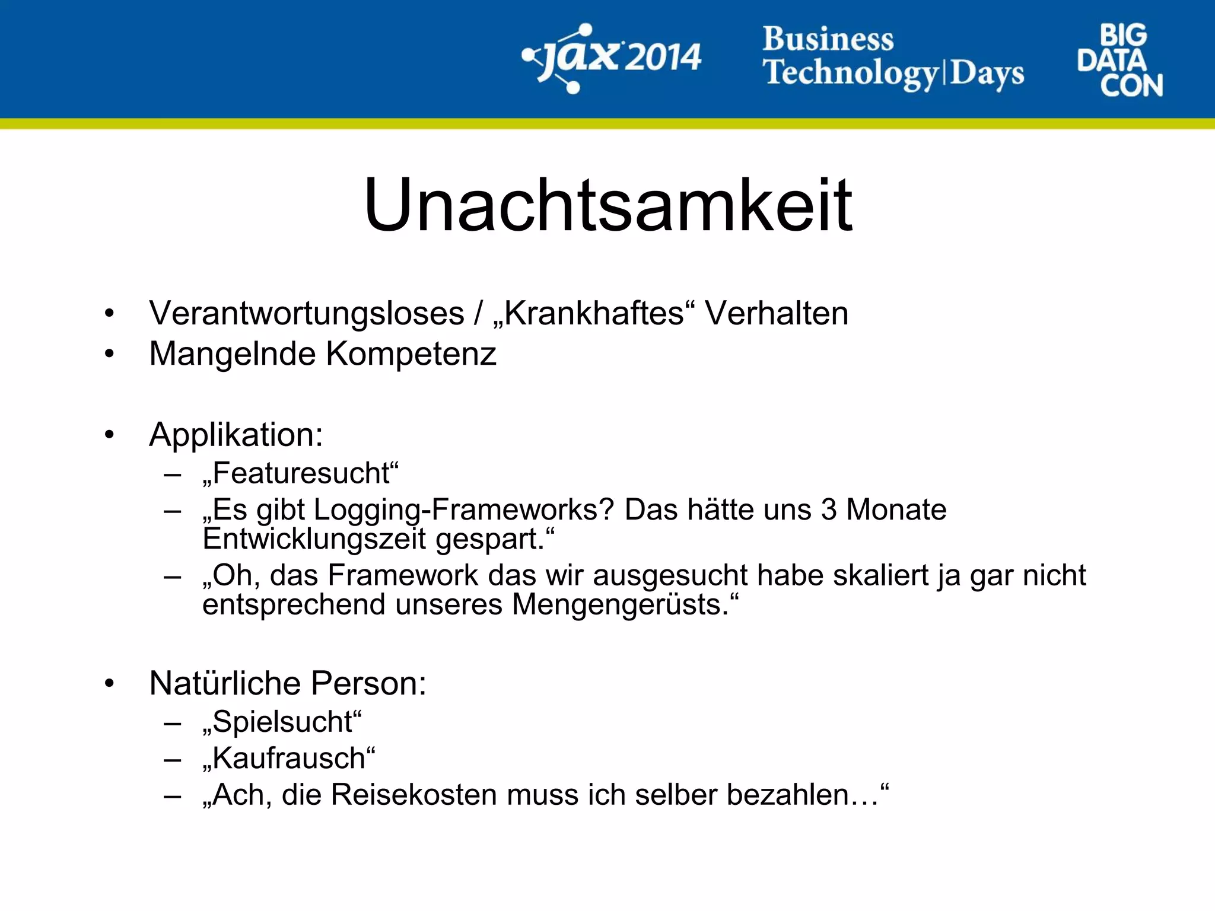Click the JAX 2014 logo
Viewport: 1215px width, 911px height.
(611, 58)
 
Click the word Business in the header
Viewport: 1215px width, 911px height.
(828, 39)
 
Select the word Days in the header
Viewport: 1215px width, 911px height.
(987, 74)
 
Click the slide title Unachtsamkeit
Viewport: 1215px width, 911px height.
(607, 205)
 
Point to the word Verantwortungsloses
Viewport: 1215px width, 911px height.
(306, 313)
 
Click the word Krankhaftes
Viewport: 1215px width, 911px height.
(594, 313)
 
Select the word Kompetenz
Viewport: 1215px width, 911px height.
(411, 354)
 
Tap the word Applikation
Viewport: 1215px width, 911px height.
(235, 435)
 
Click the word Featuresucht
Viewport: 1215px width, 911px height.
(301, 473)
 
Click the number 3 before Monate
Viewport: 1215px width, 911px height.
(829, 509)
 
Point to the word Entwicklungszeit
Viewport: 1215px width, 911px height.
(314, 539)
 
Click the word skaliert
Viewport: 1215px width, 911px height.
(881, 575)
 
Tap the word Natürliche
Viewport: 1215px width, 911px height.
(225, 683)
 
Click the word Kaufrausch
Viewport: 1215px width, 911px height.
(289, 759)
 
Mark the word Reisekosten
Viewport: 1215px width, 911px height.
(414, 795)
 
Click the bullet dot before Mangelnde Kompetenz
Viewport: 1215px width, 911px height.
(109, 354)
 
